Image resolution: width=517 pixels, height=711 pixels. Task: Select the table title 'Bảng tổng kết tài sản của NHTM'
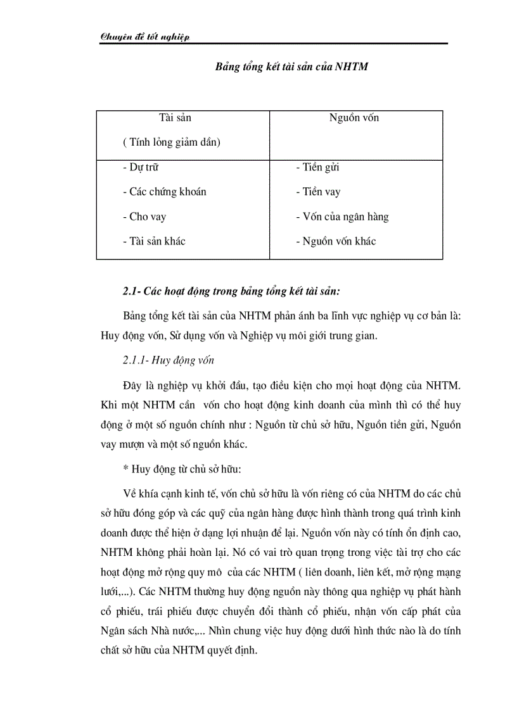pyautogui.click(x=292, y=66)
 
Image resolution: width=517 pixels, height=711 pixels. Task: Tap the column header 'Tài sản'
pyautogui.click(x=175, y=118)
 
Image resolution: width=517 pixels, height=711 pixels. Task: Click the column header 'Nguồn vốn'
pyautogui.click(x=354, y=118)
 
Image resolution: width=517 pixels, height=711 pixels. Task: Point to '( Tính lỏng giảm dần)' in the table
pyautogui.click(x=171, y=142)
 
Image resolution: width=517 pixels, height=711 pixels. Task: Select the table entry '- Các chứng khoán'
pyautogui.click(x=164, y=192)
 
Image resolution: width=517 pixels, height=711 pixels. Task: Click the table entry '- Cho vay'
pyautogui.click(x=144, y=217)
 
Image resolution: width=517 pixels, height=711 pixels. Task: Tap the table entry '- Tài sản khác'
pyautogui.click(x=154, y=241)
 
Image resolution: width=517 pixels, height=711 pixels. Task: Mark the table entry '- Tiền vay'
pyautogui.click(x=318, y=192)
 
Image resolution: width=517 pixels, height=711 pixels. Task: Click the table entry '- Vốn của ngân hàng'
pyautogui.click(x=342, y=217)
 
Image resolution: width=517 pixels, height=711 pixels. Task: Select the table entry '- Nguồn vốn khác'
pyautogui.click(x=336, y=241)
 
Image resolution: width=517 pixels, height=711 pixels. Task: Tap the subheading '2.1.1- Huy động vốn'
pyautogui.click(x=169, y=360)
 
